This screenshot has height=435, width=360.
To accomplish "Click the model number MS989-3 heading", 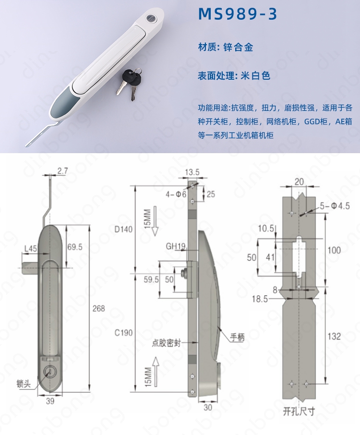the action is point(238,14).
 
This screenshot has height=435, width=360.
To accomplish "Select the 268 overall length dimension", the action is point(99,308).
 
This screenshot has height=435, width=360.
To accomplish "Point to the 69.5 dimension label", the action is point(75,247).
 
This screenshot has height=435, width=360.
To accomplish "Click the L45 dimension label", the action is point(31,248).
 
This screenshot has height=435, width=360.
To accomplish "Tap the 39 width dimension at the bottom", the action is point(50,401).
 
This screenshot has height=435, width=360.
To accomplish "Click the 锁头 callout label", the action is point(24,384).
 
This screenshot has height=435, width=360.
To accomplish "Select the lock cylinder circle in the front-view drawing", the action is point(50,372).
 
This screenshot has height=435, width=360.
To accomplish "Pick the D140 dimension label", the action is point(123,229).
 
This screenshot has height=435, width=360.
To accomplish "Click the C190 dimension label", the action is point(123,332).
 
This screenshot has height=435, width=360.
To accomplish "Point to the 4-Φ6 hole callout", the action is point(176,194).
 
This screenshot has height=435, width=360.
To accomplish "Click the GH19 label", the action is point(176,246).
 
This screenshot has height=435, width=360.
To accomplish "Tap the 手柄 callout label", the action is point(237,338).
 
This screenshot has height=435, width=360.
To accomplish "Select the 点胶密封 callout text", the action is point(166,343).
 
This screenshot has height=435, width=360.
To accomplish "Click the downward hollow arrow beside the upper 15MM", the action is point(155,221).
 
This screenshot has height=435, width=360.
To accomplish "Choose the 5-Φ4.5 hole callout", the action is point(335,206).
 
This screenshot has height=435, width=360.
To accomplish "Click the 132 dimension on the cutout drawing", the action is point(334,336).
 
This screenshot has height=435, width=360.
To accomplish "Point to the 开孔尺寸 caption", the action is point(299,411).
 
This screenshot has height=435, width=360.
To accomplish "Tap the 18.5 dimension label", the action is point(260,299).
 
